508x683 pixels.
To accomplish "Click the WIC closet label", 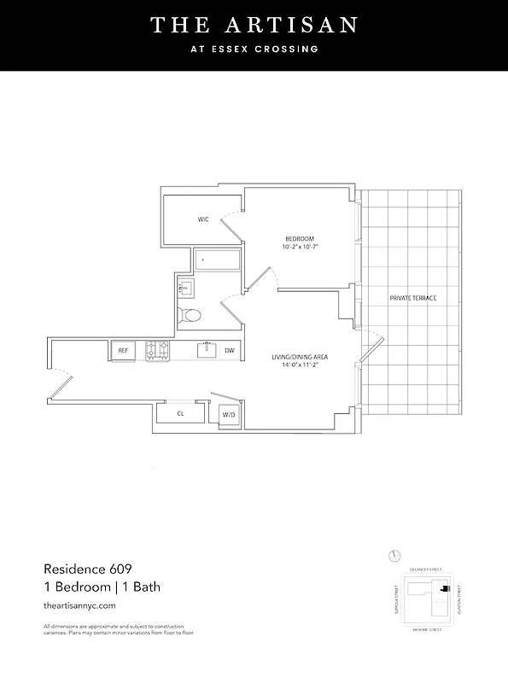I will (x=203, y=219).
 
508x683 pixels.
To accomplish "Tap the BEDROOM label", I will (x=300, y=237).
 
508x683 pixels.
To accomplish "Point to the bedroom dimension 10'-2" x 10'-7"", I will (x=300, y=247).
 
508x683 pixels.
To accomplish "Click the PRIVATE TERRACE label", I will (x=413, y=298).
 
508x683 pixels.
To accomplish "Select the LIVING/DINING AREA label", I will (x=301, y=356).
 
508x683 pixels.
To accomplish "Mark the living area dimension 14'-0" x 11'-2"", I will (x=301, y=365).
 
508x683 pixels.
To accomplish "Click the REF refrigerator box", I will (x=123, y=350).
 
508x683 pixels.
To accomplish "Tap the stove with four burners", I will (x=158, y=350).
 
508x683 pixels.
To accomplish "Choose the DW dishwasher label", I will (x=229, y=350).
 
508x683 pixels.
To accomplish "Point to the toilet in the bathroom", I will (x=190, y=315).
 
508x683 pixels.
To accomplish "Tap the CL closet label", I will (x=180, y=413).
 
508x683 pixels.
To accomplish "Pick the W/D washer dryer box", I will (x=229, y=414).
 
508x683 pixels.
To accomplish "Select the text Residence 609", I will (x=89, y=569).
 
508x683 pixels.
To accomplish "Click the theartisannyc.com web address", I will (x=79, y=604).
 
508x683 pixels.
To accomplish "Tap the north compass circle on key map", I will (x=394, y=555).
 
